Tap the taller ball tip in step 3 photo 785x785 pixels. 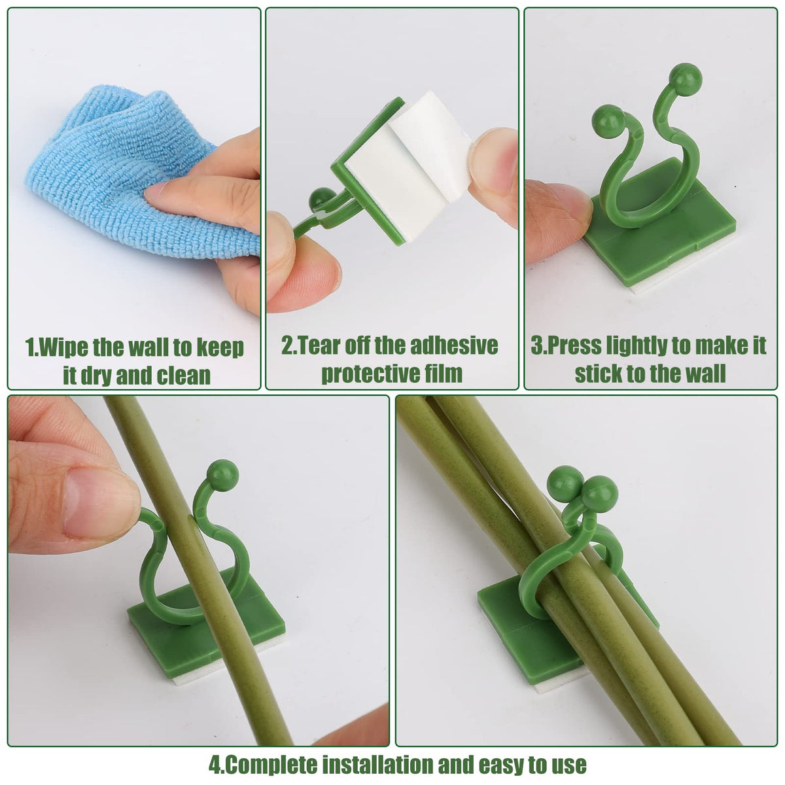[686, 78]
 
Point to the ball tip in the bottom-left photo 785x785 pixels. [222, 475]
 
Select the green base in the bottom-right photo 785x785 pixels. [517, 628]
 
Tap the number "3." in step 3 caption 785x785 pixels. [538, 345]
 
